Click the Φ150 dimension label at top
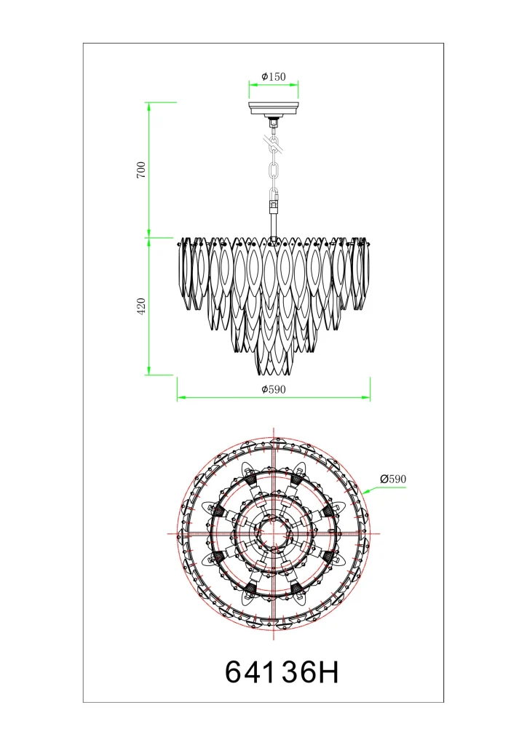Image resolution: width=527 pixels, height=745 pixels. pos(274,76)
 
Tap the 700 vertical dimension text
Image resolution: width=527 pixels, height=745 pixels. pos(141,170)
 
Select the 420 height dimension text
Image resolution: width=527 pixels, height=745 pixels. pos(141,306)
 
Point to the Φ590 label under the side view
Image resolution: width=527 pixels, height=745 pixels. pos(274,390)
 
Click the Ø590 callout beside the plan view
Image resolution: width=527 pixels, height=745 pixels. pos(393,479)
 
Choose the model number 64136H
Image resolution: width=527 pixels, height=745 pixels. pos(282,672)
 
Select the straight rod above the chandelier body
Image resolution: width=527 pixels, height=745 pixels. pos(274,226)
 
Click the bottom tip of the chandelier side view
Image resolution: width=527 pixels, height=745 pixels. pos(274,375)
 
